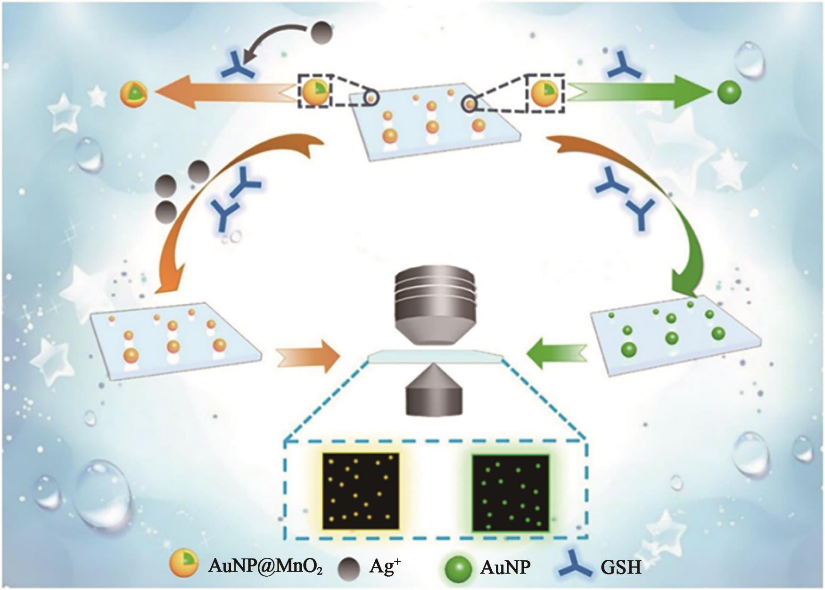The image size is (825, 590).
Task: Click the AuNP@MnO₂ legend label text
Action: tap(265, 566)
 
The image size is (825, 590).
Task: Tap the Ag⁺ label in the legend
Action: tap(385, 566)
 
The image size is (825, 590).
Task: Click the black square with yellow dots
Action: tap(361, 491)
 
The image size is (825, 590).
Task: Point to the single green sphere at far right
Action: tap(729, 92)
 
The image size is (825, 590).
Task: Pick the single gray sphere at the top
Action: tap(322, 35)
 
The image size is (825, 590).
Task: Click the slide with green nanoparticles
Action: tap(674, 335)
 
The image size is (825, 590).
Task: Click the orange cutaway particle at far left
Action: tap(134, 93)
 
